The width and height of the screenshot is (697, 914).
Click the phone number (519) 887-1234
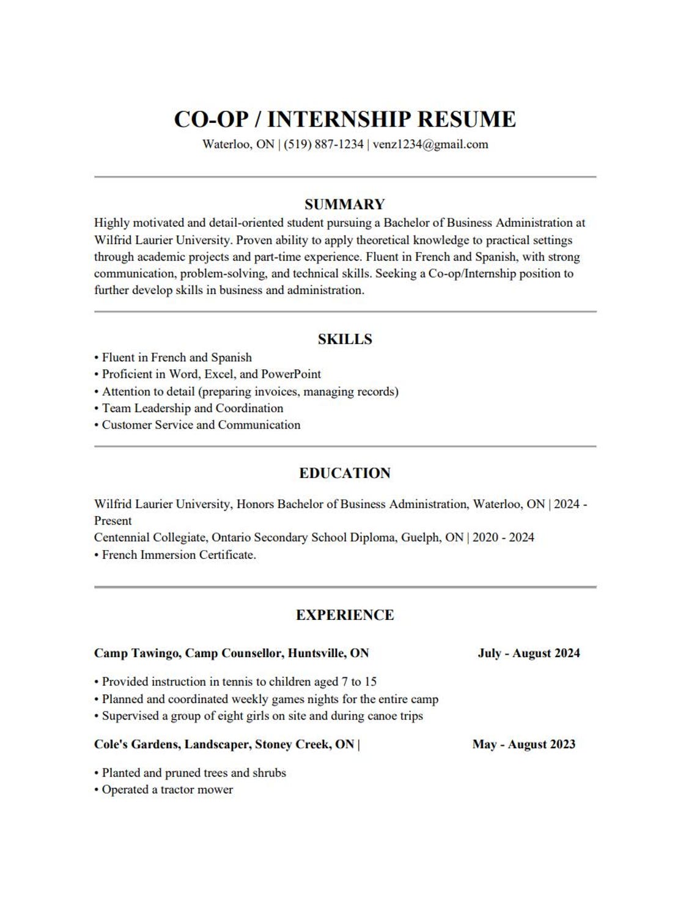pos(323,145)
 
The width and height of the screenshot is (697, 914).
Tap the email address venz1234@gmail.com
pos(430,145)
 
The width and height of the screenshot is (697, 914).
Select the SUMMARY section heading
pos(345,204)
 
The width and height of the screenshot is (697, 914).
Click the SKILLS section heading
pos(345,339)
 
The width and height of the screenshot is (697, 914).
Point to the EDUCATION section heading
pos(345,473)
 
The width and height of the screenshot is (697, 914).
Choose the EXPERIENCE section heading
pos(345,615)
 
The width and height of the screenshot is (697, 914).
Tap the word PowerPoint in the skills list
pos(291,374)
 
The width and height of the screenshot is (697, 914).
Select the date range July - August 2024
pos(529,654)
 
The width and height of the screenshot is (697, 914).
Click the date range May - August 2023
pos(524,745)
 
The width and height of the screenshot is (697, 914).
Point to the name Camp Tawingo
pos(137,654)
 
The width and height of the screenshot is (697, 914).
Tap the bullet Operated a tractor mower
pos(167,790)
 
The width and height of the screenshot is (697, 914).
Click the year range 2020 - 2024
pos(503,538)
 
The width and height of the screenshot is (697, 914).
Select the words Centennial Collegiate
pos(150,538)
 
